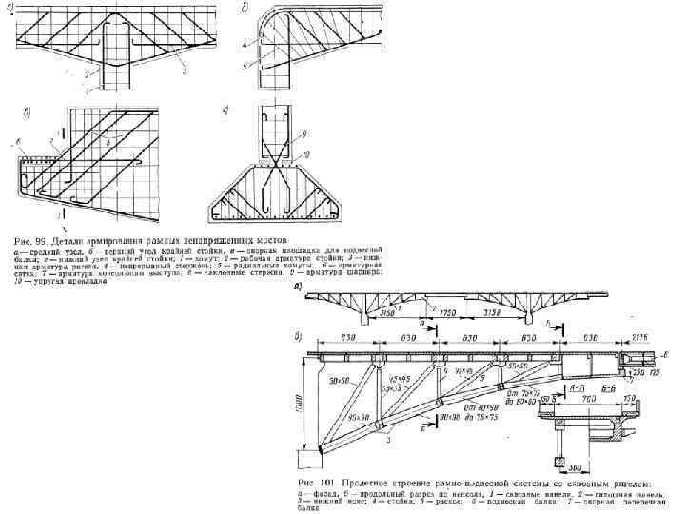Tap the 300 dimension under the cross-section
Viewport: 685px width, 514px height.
(577, 468)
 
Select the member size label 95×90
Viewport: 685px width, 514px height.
(361, 416)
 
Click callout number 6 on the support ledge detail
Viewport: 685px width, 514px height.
(18, 142)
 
